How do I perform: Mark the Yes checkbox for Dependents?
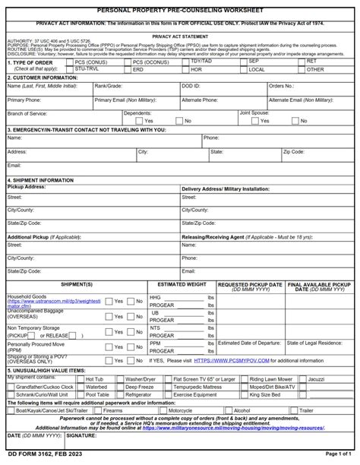tap(138, 121)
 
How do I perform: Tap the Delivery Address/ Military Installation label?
tap(225, 188)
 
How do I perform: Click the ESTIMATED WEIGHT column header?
tap(182, 283)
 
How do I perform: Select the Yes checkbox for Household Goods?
tap(109, 301)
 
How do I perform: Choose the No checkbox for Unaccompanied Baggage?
tap(130, 316)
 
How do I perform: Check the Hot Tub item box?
tap(80, 379)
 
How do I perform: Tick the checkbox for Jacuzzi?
tap(302, 379)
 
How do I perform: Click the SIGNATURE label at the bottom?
tap(81, 436)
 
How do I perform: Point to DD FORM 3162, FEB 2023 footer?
tap(40, 454)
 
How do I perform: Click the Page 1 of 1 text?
tap(337, 454)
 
